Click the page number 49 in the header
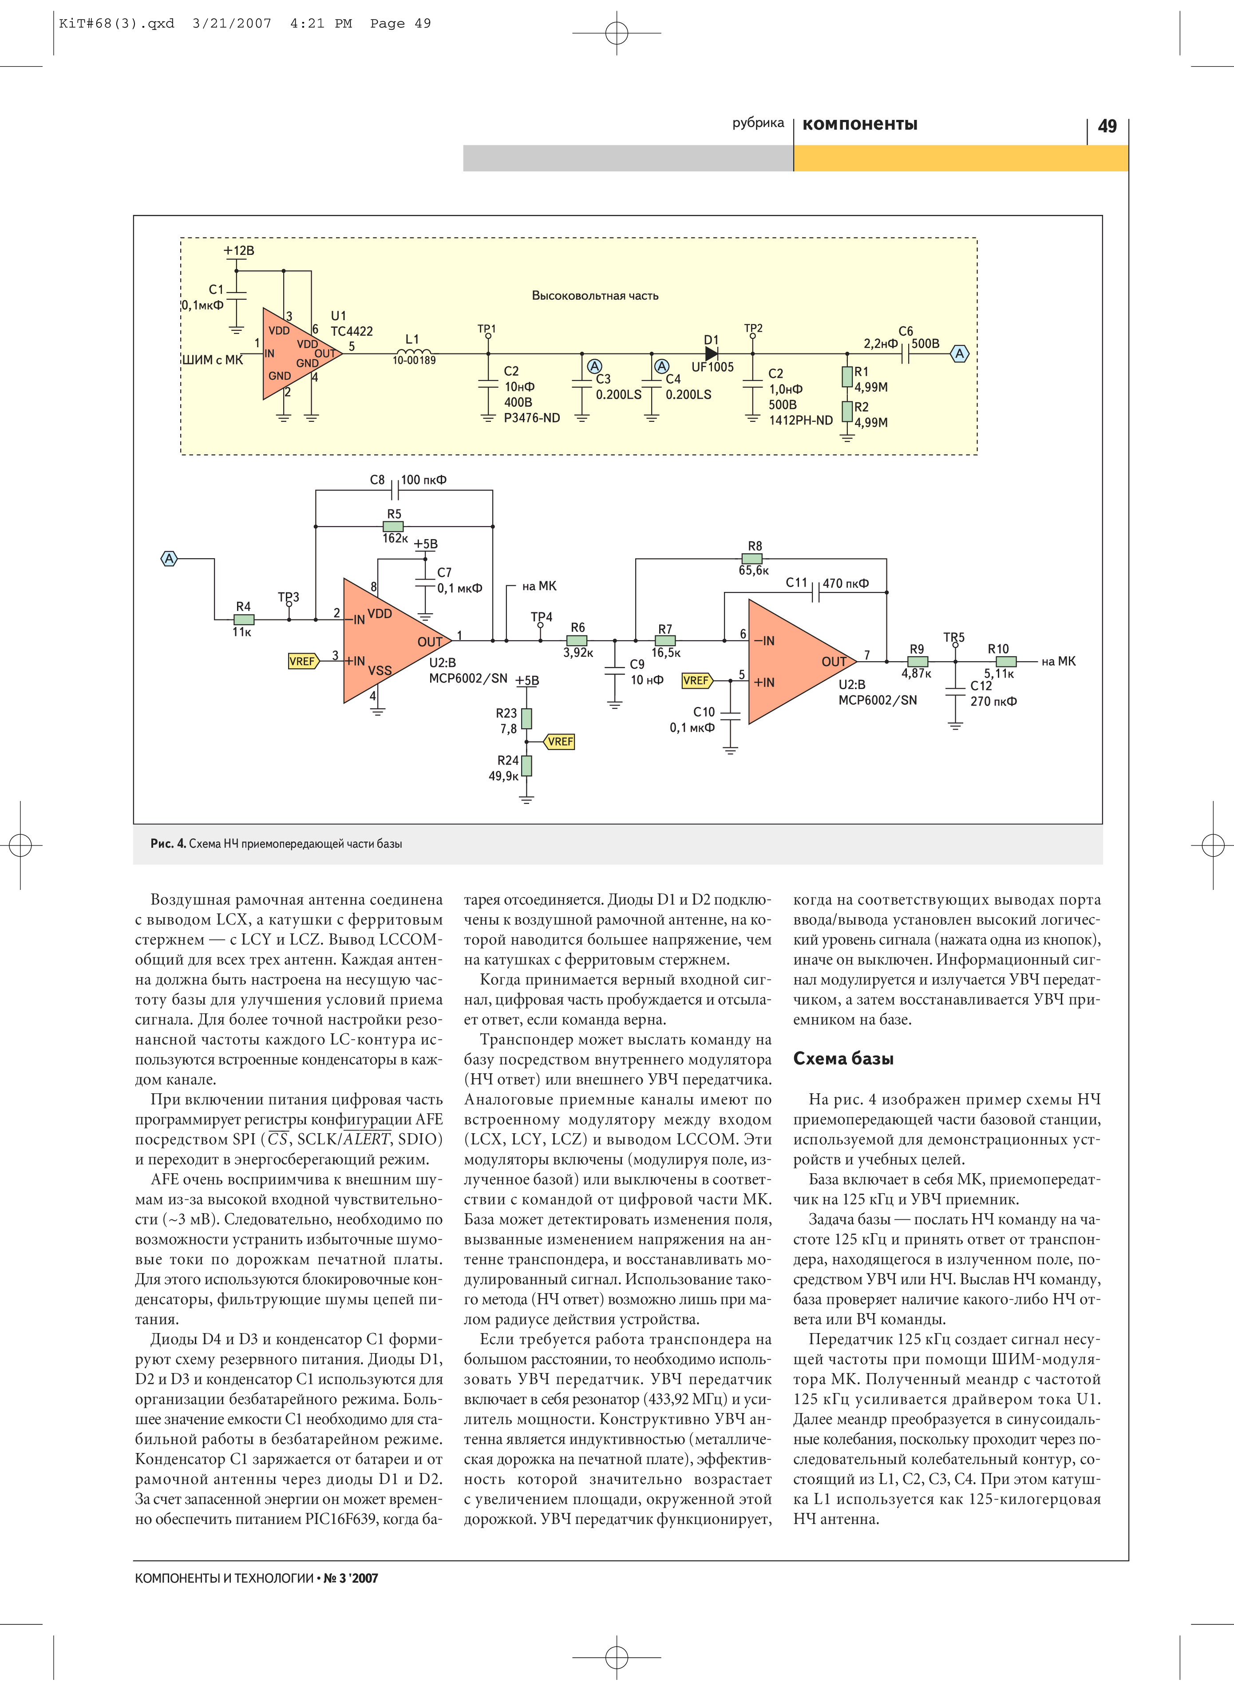point(1107,126)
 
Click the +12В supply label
point(238,251)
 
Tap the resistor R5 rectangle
point(393,527)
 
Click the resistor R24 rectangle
point(526,766)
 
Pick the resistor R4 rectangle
point(244,619)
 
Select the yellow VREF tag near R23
point(559,741)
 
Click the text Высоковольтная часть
point(595,296)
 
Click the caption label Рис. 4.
point(168,844)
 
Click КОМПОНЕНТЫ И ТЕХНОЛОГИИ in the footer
point(224,1578)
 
